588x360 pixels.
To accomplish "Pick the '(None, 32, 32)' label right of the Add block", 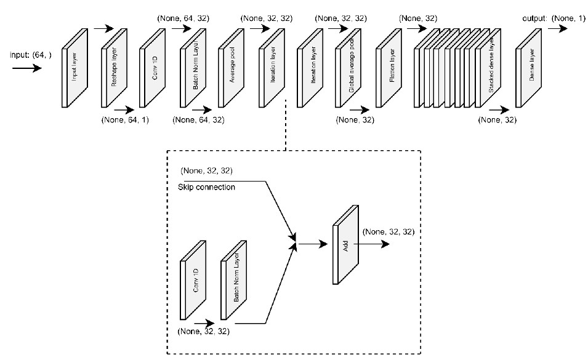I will [389, 232].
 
